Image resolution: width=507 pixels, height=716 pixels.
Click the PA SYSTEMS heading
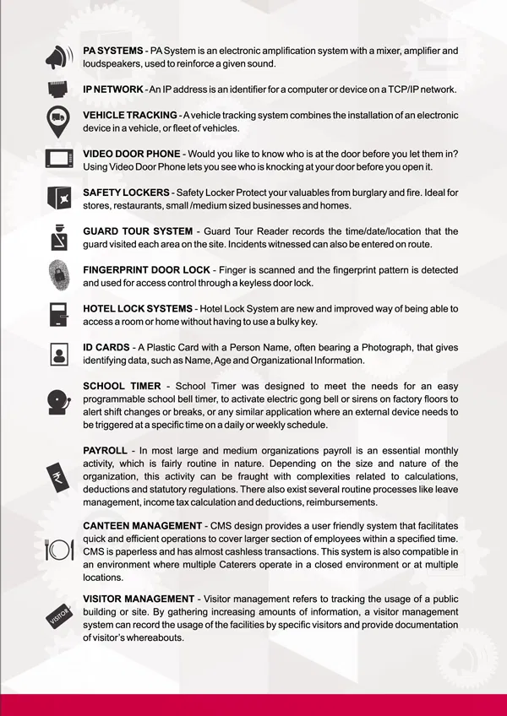[x=112, y=52]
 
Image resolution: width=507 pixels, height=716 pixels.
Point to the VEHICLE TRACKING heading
[x=129, y=115]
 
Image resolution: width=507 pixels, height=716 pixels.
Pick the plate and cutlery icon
[x=58, y=550]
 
